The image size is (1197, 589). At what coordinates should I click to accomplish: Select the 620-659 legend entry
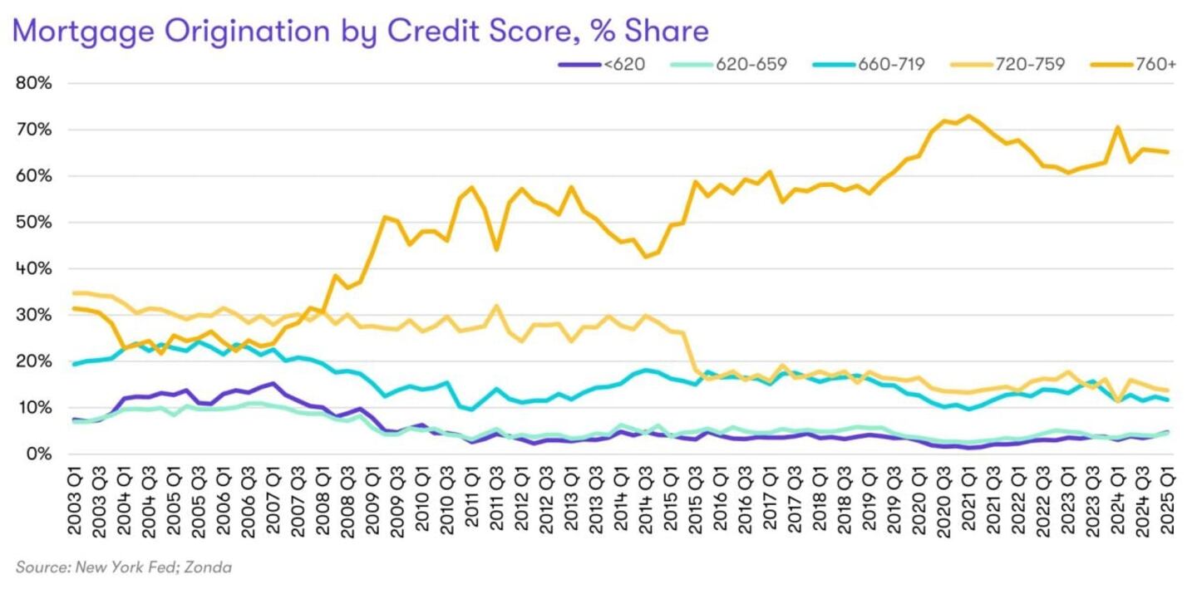(x=741, y=63)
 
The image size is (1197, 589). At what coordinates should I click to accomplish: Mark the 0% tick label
(x=39, y=454)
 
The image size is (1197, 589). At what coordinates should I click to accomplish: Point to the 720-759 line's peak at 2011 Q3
(x=497, y=306)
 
